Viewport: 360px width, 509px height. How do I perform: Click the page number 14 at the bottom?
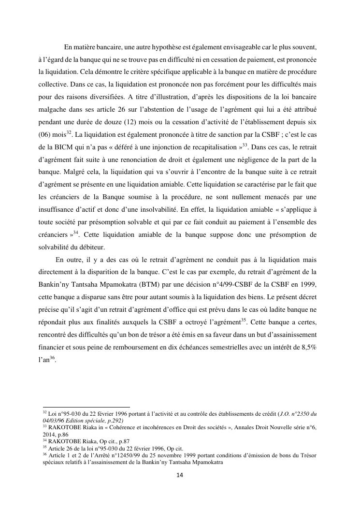(x=179, y=475)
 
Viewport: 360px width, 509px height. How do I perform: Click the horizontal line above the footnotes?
(x=86, y=407)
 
